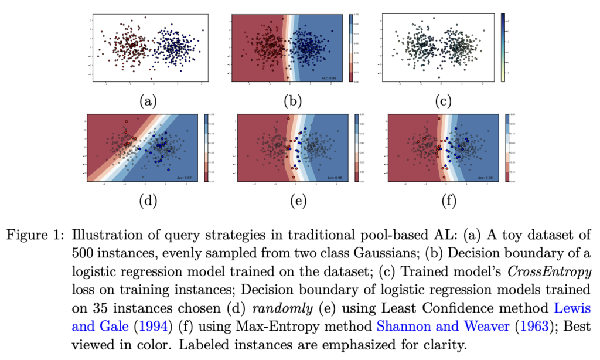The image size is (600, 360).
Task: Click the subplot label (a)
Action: pyautogui.click(x=146, y=101)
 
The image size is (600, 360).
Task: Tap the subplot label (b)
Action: pyautogui.click(x=292, y=101)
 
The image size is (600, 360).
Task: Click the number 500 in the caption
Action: pyautogui.click(x=84, y=254)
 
